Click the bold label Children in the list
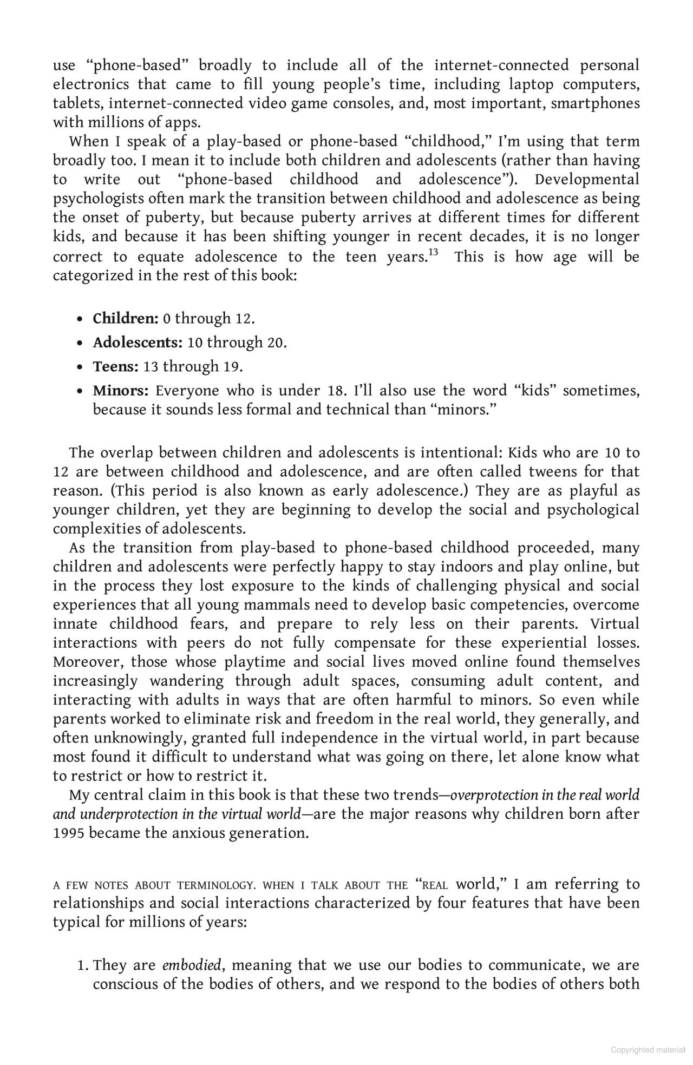[x=125, y=318]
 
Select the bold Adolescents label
[x=138, y=343]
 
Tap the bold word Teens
[x=115, y=366]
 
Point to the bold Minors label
[x=120, y=390]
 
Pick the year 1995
[x=68, y=833]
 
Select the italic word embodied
[x=192, y=965]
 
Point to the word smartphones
[x=595, y=103]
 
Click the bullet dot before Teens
[x=80, y=367]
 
